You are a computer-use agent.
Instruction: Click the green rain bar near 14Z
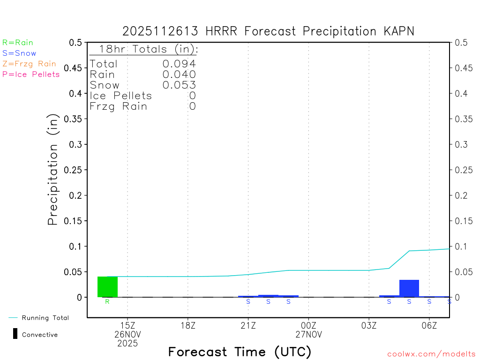click(x=107, y=287)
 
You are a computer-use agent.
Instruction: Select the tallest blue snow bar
click(x=409, y=288)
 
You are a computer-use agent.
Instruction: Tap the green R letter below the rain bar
click(x=107, y=301)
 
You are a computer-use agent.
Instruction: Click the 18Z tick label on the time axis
click(x=188, y=325)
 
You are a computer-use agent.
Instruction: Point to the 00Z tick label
click(x=308, y=325)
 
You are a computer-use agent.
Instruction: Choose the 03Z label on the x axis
click(x=369, y=325)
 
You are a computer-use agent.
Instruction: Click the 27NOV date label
click(x=308, y=334)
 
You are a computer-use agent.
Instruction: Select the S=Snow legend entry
click(x=19, y=53)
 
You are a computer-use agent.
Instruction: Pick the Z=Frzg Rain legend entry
click(x=29, y=64)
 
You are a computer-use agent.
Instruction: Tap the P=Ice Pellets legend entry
click(x=31, y=74)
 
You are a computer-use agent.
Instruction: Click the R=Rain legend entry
click(x=18, y=43)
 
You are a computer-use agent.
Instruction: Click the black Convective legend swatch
click(x=15, y=334)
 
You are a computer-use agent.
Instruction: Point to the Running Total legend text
click(x=45, y=318)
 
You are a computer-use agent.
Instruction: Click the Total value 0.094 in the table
click(x=179, y=64)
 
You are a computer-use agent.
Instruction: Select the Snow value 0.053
click(x=179, y=85)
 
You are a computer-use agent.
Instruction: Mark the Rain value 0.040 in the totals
click(x=179, y=74)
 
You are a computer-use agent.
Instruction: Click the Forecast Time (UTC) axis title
click(x=240, y=352)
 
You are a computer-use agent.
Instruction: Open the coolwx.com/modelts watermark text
click(x=431, y=354)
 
